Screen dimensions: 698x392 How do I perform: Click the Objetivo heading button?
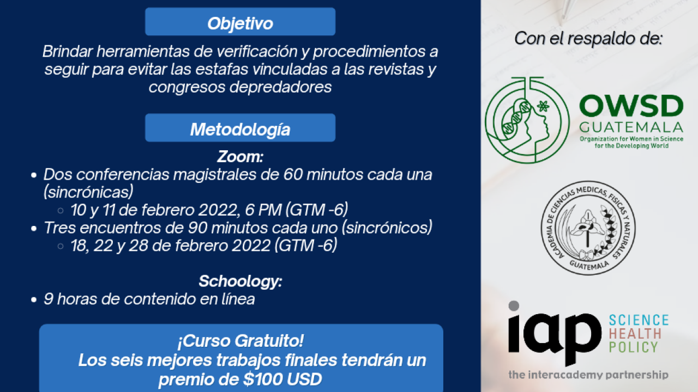(240, 21)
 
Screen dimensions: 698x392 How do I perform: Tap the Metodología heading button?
(240, 127)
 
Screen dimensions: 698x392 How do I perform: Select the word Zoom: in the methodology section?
(240, 156)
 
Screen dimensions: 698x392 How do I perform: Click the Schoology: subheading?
(240, 281)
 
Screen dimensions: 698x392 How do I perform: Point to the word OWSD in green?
(631, 106)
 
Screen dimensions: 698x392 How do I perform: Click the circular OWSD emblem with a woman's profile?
(527, 120)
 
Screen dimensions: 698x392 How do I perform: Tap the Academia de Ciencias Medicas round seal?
(588, 228)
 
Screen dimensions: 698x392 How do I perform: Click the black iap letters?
(555, 334)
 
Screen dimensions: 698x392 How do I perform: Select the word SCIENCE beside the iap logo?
(639, 320)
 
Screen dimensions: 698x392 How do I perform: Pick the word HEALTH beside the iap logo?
(635, 334)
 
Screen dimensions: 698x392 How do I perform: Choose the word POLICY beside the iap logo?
(633, 347)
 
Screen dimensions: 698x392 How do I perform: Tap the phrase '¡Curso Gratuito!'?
(240, 341)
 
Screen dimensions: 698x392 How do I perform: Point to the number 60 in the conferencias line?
(293, 175)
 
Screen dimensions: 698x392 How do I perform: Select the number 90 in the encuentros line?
(197, 228)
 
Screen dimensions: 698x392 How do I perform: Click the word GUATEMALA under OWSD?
(631, 127)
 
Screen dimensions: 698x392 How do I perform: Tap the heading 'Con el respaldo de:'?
(588, 39)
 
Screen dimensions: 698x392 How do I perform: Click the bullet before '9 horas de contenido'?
(34, 300)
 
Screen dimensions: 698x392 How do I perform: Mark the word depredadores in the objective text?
(280, 87)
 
